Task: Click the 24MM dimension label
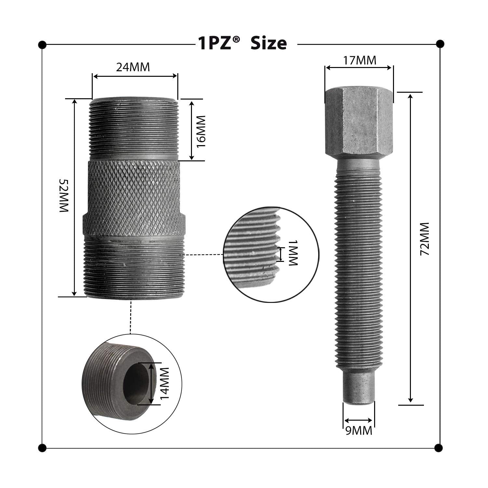point(133,67)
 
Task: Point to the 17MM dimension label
point(359,60)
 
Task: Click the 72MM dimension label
point(425,239)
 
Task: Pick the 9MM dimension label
point(358,431)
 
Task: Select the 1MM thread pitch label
point(293,253)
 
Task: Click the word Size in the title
point(268,43)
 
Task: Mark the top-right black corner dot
point(440,44)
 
